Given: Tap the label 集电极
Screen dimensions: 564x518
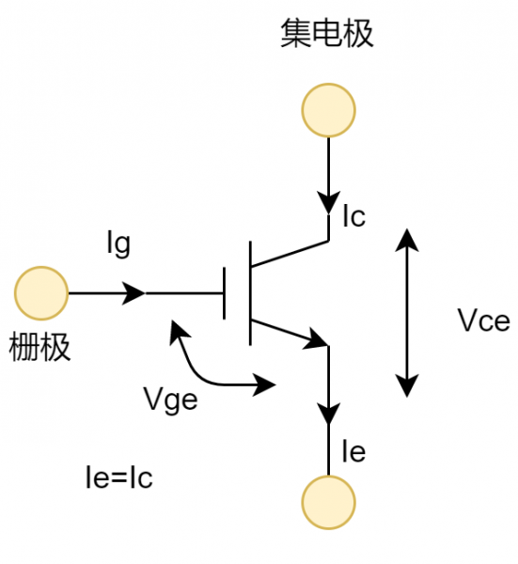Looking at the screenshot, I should coord(327,34).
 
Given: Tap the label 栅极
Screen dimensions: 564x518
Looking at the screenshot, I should coord(39,348).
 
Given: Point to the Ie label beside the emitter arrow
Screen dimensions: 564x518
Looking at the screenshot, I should coord(353,452).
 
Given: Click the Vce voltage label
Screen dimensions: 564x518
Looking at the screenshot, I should coord(483,321).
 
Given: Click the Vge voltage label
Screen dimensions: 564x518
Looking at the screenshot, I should coord(171,399).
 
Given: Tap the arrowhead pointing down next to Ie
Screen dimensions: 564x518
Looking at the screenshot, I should coord(328,412).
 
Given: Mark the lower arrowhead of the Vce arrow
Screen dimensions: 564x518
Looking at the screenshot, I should coord(406,385).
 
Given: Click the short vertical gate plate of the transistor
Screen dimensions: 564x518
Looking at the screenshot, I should coord(225,293).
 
